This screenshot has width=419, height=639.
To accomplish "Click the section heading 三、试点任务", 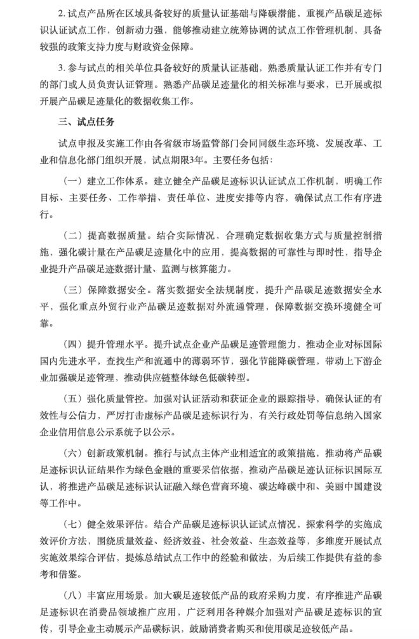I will (x=86, y=120).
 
